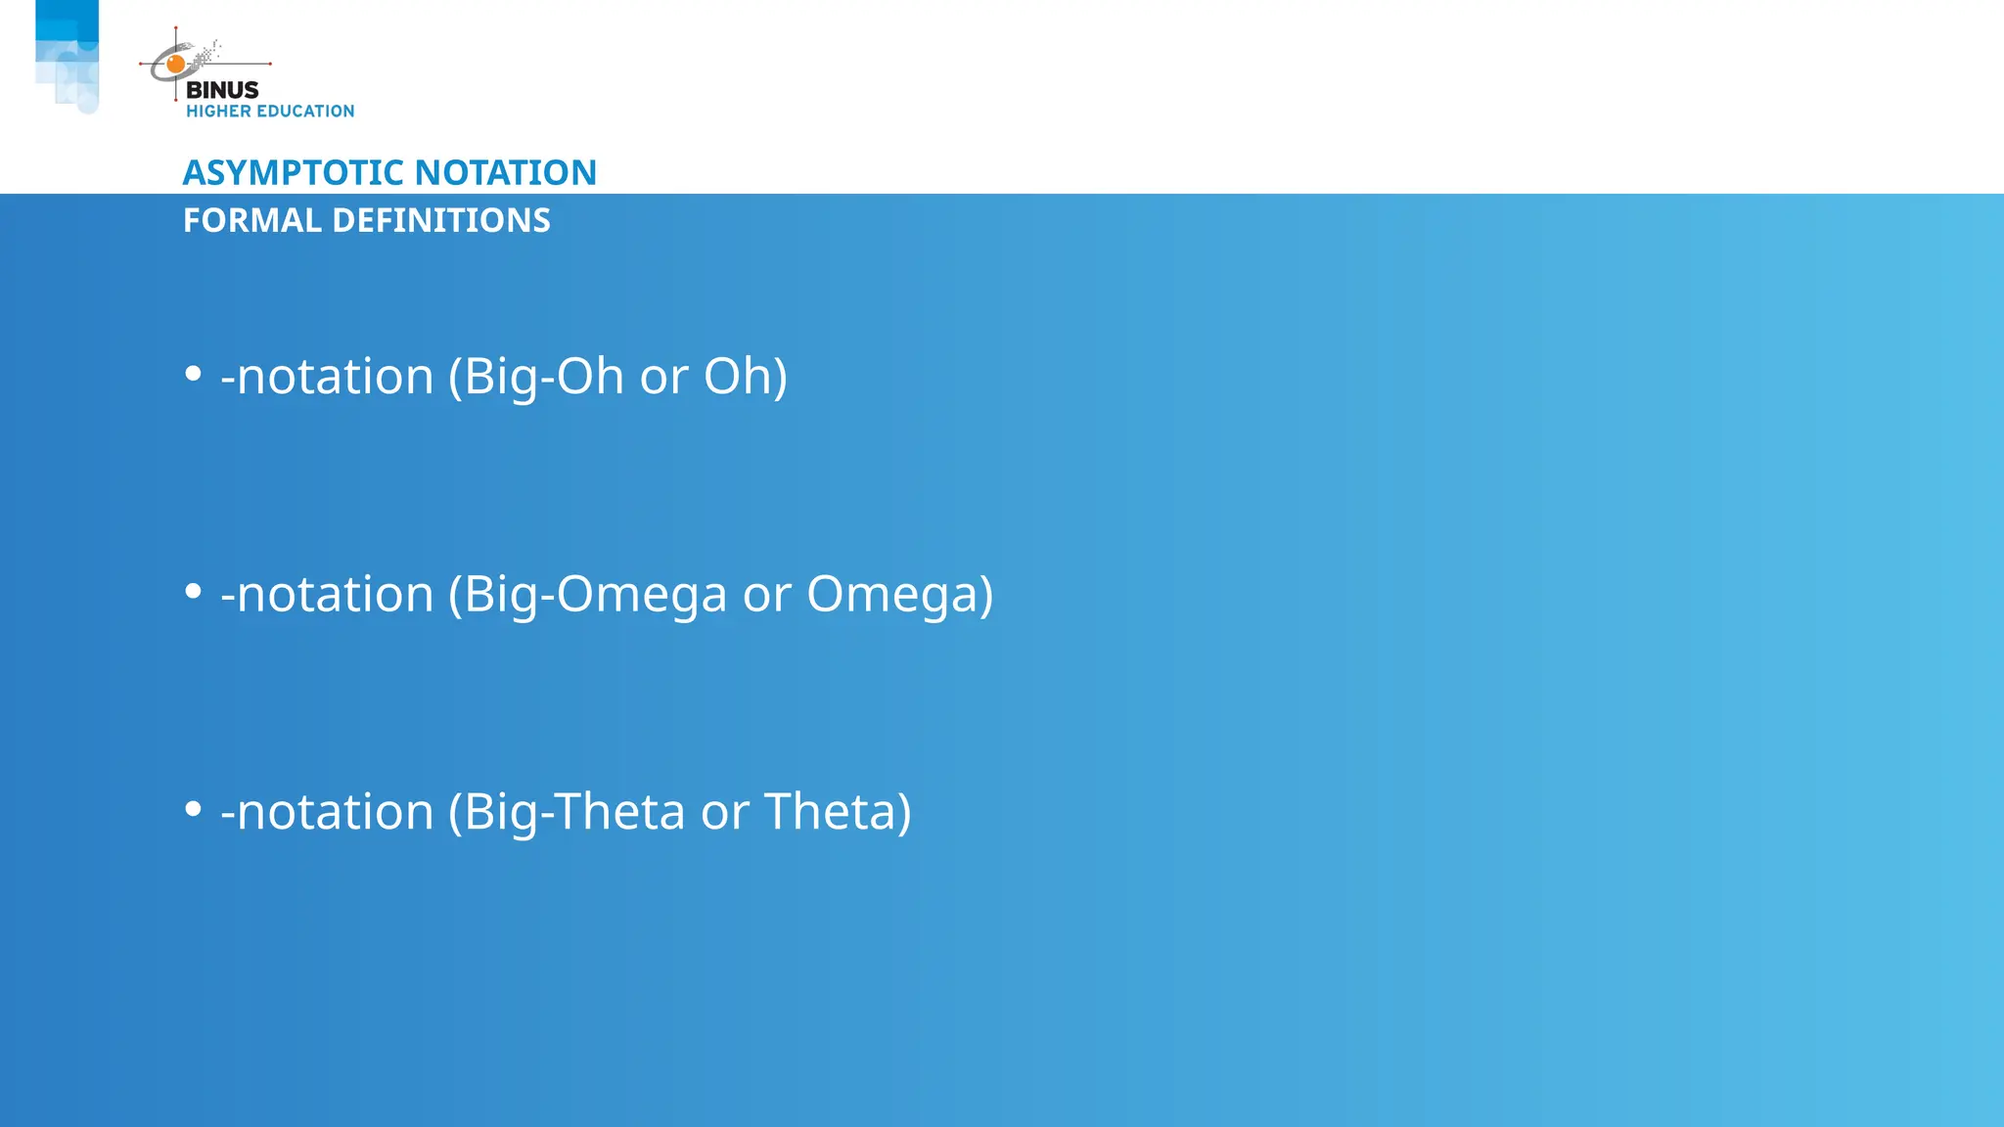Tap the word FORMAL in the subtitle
pos(252,221)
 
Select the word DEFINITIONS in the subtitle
pos(441,221)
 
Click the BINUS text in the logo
pos(222,90)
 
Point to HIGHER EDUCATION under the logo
pos(270,112)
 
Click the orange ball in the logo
pos(176,65)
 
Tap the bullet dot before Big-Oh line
pos(193,374)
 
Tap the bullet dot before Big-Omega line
pos(193,591)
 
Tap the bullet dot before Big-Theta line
pos(193,809)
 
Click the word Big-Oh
pos(543,377)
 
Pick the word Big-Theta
pos(573,812)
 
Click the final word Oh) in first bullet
pos(745,377)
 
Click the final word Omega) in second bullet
pos(899,595)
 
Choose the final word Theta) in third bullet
pos(837,812)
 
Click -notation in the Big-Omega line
pos(327,595)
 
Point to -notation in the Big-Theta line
pos(327,812)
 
